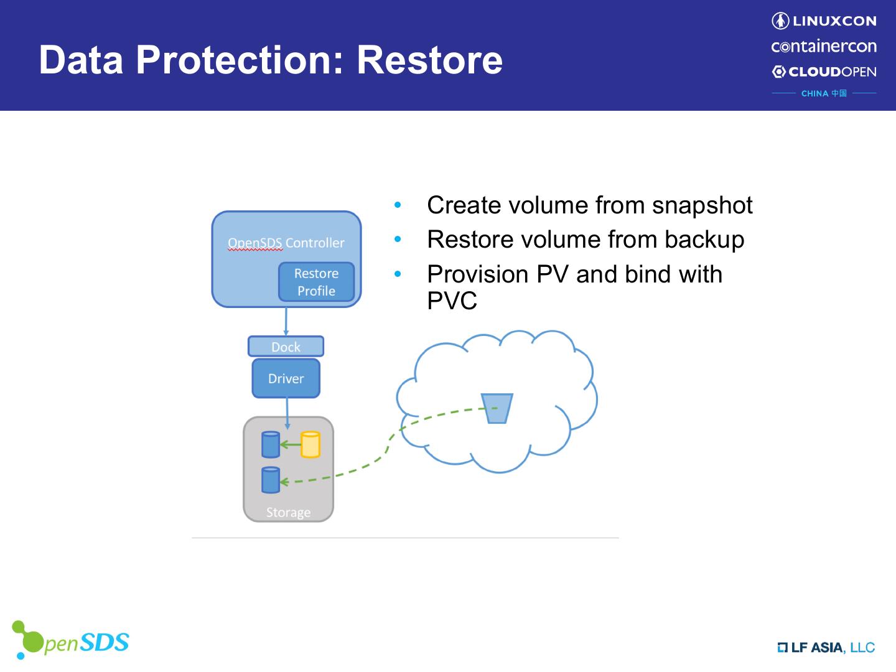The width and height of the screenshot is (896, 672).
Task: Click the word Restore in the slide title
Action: click(x=429, y=60)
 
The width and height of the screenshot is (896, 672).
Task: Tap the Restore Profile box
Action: click(x=316, y=282)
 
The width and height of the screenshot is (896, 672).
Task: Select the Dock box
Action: click(x=286, y=347)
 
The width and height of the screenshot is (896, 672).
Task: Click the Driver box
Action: click(x=286, y=378)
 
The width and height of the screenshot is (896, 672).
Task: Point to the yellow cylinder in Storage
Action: click(x=310, y=445)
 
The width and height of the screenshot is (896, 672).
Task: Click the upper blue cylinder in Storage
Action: click(x=271, y=445)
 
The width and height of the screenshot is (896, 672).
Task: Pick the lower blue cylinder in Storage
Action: click(x=271, y=480)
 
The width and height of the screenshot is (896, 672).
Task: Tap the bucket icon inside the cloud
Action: click(x=497, y=408)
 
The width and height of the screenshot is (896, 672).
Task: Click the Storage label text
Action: click(x=288, y=512)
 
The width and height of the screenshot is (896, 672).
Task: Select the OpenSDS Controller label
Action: click(x=286, y=243)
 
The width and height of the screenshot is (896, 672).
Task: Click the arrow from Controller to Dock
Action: click(x=286, y=322)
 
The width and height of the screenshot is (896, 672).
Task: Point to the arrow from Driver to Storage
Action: click(x=287, y=413)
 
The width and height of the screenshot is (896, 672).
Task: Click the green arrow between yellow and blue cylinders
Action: click(x=291, y=445)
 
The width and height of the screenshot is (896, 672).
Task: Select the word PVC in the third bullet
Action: click(x=452, y=301)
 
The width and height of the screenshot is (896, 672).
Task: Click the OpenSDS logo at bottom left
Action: click(x=70, y=641)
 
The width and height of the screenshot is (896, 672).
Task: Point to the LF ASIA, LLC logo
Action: click(x=826, y=648)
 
